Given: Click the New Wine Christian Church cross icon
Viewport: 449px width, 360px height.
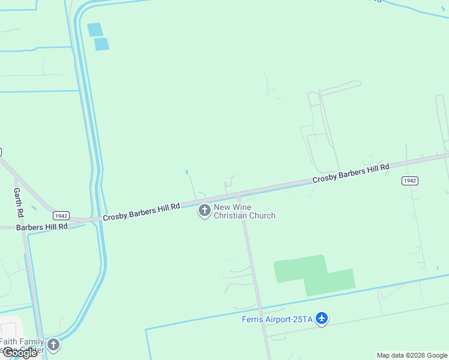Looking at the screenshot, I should (x=205, y=211).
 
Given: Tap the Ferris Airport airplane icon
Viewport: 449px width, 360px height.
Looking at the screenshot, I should (x=322, y=318).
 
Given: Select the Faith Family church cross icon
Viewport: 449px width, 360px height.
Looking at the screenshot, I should (x=53, y=344).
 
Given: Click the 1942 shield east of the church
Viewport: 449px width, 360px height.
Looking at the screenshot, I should (x=409, y=181).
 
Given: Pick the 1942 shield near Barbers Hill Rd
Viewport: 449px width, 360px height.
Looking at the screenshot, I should (x=61, y=215).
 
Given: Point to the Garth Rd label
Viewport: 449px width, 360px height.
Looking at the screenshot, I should (x=19, y=203).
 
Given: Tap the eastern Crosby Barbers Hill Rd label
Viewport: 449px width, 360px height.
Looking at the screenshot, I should (x=351, y=173).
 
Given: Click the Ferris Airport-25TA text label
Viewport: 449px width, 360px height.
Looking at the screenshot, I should (x=277, y=319).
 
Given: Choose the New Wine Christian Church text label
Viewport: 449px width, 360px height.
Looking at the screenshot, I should (x=244, y=211).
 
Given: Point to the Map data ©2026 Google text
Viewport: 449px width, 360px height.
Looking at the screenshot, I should (x=412, y=355).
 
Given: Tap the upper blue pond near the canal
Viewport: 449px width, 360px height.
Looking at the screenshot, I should (x=95, y=29).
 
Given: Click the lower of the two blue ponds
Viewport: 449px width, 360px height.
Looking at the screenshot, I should (x=101, y=44).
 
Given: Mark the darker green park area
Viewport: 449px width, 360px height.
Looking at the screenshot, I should (x=312, y=274).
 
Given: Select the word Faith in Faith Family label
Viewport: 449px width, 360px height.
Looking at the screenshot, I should (x=10, y=341).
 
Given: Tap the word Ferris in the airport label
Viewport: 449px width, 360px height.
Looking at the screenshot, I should (x=253, y=319).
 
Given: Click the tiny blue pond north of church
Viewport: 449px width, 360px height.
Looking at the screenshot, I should (x=187, y=172).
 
